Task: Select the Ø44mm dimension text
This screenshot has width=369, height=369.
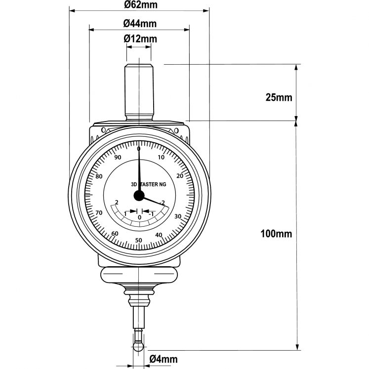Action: point(140,23)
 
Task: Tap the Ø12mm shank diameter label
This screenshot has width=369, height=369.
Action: point(140,39)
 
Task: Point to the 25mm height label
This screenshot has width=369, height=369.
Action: point(279,97)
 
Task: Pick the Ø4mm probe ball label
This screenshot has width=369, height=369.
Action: point(163,359)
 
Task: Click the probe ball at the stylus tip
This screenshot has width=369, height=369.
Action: point(139,348)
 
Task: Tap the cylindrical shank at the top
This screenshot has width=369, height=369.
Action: point(139,91)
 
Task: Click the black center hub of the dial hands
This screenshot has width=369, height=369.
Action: point(138,196)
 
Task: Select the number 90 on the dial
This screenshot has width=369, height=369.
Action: point(118,158)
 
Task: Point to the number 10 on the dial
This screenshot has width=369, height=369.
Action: point(161,158)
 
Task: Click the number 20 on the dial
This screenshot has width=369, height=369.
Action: point(179,176)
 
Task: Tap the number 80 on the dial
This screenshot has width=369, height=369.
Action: point(99,177)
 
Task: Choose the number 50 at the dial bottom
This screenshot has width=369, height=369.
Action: point(139,241)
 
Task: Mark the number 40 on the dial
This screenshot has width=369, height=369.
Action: point(159,235)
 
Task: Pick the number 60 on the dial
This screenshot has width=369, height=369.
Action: point(115,234)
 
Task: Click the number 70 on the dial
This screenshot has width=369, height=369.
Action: point(99,213)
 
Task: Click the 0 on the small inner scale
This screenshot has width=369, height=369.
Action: point(139,217)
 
